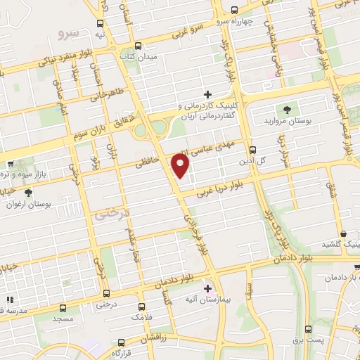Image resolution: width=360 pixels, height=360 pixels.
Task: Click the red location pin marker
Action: point(181,165)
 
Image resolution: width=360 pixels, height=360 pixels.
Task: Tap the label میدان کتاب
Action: point(139,56)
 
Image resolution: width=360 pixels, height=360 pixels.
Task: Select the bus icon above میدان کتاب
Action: point(138,46)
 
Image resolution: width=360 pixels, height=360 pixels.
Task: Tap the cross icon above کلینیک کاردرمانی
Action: point(207,94)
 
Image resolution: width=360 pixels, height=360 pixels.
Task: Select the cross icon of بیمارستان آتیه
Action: point(207,288)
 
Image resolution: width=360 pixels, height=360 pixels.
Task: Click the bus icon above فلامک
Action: point(141,307)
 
